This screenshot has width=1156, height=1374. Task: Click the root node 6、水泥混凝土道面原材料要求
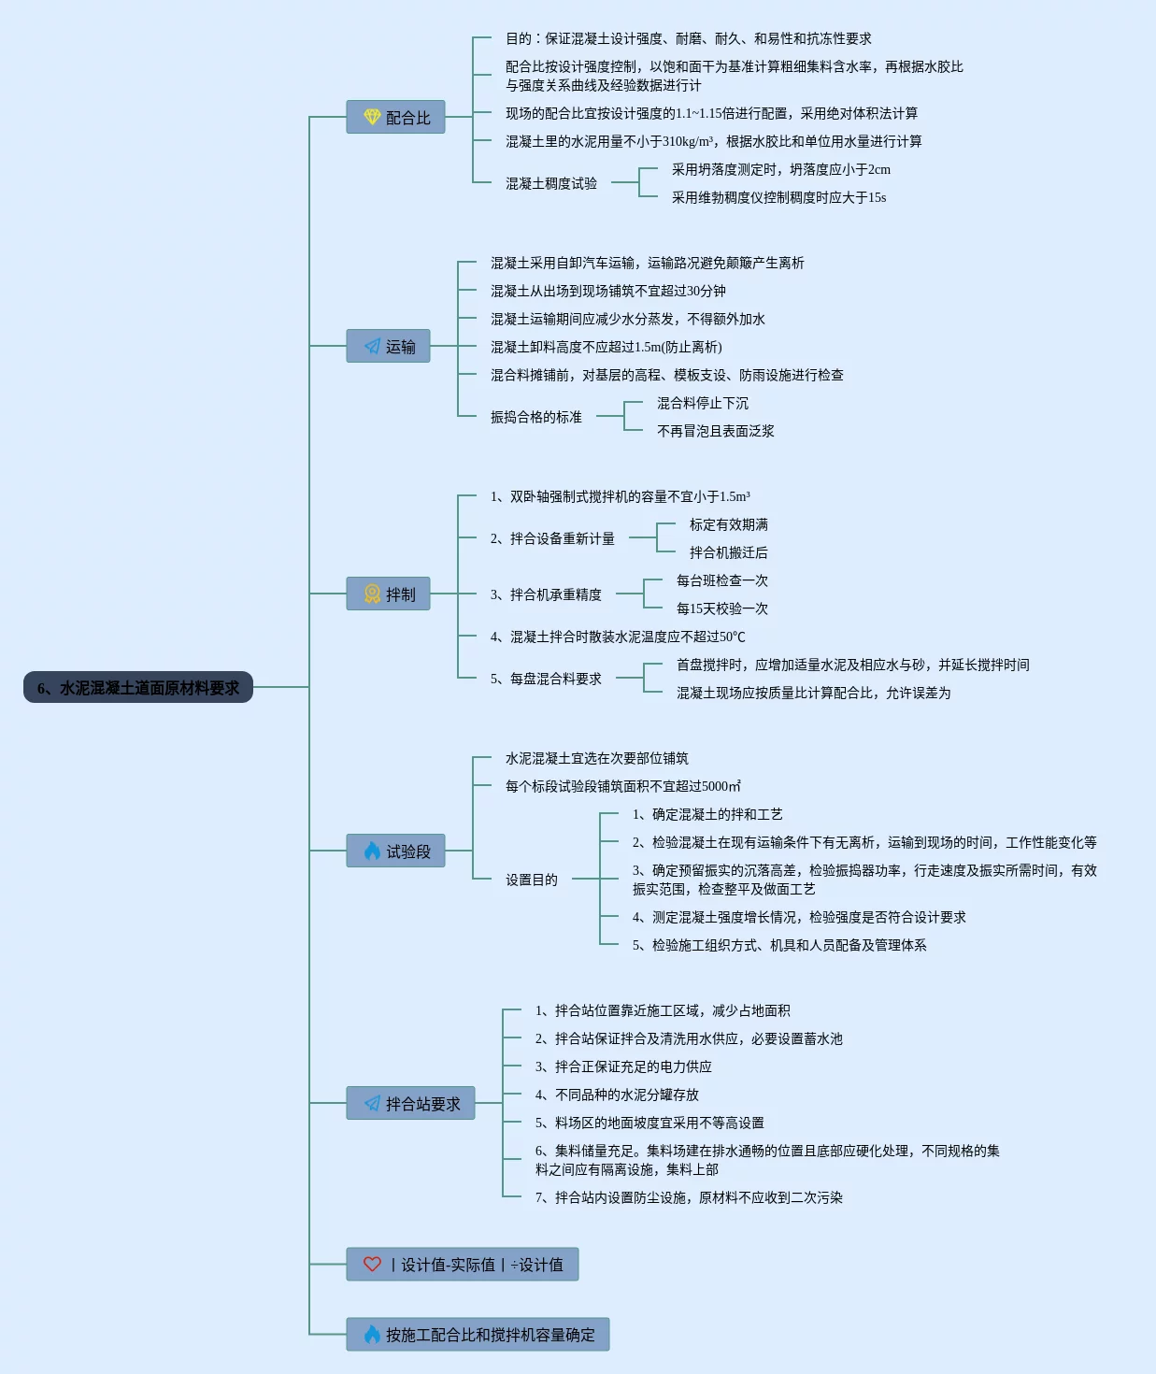[138, 687]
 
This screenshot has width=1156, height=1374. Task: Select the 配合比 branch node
[395, 117]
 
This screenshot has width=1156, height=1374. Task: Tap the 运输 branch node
[388, 346]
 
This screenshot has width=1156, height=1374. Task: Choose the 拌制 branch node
[388, 594]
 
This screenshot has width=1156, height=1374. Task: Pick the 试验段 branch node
[395, 851]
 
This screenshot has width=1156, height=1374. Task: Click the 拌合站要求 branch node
[410, 1103]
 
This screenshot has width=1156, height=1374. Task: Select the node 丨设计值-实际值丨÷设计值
[462, 1264]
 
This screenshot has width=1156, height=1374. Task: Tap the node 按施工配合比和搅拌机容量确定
[478, 1334]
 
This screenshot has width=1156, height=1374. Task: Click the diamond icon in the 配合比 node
[372, 117]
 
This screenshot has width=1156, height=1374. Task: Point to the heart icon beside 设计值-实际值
[372, 1264]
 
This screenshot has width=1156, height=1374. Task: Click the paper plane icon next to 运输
[372, 346]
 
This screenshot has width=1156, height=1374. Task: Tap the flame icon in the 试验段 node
[372, 851]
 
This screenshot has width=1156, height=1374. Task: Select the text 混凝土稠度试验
[551, 183]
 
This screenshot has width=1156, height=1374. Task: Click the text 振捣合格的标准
[536, 417]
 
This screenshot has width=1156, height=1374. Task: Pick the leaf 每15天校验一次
[722, 608]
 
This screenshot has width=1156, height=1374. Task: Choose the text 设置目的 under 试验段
[532, 880]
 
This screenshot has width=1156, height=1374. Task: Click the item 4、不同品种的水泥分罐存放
[617, 1095]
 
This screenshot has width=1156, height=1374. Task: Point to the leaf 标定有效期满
[729, 524]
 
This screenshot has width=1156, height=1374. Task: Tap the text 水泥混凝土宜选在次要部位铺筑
[597, 758]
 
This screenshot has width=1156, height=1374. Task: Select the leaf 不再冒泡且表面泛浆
[716, 431]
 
